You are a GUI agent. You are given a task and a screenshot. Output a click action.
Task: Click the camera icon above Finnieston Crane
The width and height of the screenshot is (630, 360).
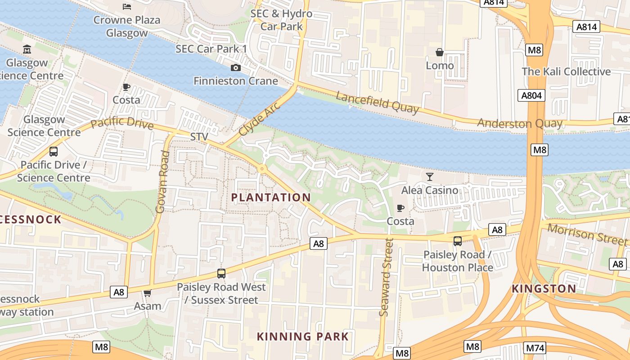[x=235, y=68]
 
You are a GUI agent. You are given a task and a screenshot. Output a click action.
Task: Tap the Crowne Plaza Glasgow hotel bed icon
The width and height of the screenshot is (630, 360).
[x=127, y=6]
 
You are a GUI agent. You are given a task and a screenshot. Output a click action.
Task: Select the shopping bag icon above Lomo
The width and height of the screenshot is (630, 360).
[x=440, y=53]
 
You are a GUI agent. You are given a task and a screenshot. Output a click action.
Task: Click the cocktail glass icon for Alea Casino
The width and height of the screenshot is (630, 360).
[x=430, y=176]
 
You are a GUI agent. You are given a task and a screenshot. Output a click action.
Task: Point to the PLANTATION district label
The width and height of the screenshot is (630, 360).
[x=271, y=197]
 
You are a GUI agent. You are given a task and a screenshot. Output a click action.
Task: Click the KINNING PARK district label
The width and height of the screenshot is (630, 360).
[x=303, y=336]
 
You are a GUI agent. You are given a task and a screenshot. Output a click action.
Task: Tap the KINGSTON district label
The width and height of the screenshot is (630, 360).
[x=544, y=288]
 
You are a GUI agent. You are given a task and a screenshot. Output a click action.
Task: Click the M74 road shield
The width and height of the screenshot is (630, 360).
[x=535, y=347]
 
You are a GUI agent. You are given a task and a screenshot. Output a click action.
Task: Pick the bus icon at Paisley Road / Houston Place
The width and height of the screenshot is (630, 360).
[x=458, y=241]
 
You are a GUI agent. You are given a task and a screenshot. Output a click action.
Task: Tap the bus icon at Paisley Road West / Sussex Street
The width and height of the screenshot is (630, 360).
[x=221, y=273]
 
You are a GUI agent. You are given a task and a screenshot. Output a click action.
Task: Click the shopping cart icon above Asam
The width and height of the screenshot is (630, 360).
[x=147, y=293]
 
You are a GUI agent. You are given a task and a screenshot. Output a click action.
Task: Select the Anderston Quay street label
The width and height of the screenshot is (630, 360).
[x=520, y=123]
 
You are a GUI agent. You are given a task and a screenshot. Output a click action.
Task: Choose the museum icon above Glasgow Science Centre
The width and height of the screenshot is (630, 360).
[x=27, y=49]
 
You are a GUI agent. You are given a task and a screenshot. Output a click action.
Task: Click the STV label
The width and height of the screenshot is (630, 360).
[x=200, y=136]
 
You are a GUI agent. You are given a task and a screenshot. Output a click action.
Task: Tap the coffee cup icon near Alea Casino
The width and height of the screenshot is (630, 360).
[x=400, y=207]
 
